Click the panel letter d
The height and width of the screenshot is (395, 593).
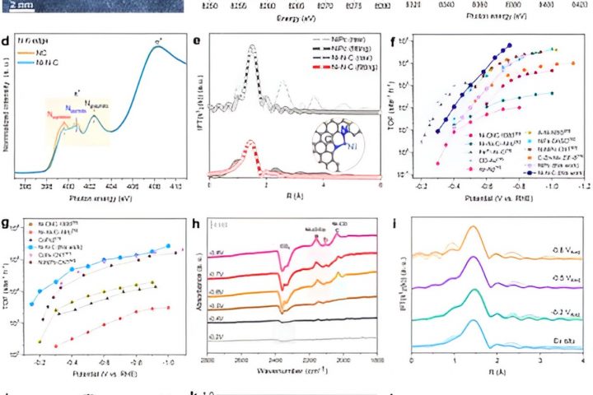pyautogui.click(x=7, y=38)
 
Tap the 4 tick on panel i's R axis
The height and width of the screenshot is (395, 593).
pyautogui.click(x=582, y=362)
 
